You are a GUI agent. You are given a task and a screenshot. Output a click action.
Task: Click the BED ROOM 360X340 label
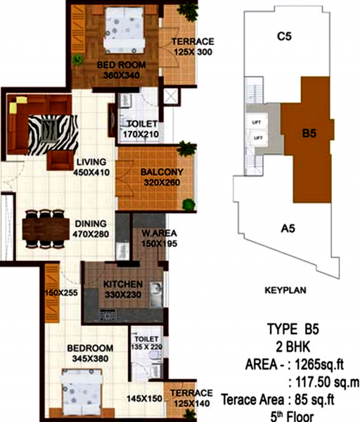click(x=121, y=69)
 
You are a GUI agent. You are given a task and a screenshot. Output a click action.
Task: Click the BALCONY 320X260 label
click(x=161, y=177)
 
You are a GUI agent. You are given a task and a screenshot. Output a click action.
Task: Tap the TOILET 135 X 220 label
click(x=148, y=341)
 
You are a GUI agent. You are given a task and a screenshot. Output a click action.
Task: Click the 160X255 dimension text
click(x=62, y=294)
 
